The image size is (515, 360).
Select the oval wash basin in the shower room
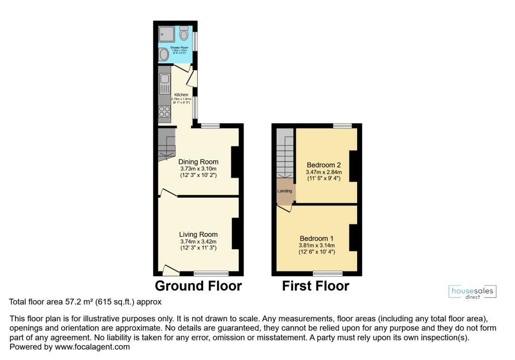point(164,54)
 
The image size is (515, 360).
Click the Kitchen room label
point(181,95)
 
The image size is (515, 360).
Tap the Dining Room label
point(198,162)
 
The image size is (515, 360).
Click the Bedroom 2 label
point(324,165)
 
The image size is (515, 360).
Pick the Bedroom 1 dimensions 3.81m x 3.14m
point(317,245)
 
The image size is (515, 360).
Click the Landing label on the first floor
point(285,191)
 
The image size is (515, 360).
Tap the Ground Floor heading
point(198,286)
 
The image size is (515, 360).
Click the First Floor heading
point(315,286)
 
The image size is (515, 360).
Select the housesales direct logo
point(472,292)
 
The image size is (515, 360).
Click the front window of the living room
point(211,274)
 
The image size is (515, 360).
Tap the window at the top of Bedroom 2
point(342,126)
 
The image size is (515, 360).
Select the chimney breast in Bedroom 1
point(353,238)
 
